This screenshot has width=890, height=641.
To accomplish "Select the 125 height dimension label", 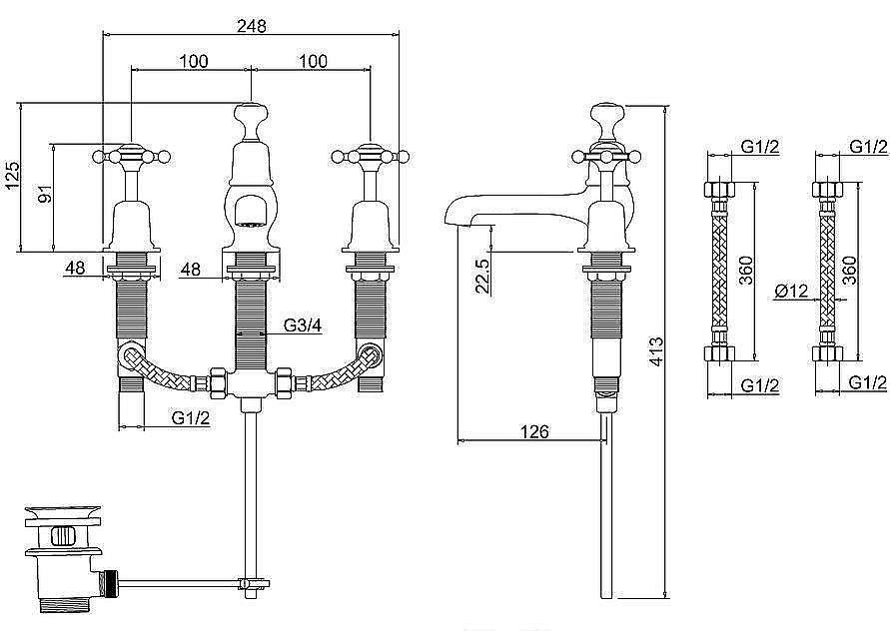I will pos(13,176).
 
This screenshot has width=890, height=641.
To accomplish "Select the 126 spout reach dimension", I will pos(535,432).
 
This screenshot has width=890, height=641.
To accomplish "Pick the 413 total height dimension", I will pos(656,350).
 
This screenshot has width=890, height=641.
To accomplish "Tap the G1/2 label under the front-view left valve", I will pos(191,418).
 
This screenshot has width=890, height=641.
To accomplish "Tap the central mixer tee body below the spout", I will pos(250,384).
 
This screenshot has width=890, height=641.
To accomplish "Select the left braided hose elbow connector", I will pos(130,355).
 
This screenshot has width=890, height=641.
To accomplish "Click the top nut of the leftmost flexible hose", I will pos(719,191).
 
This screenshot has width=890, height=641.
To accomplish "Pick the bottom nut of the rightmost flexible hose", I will pos(828,354).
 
